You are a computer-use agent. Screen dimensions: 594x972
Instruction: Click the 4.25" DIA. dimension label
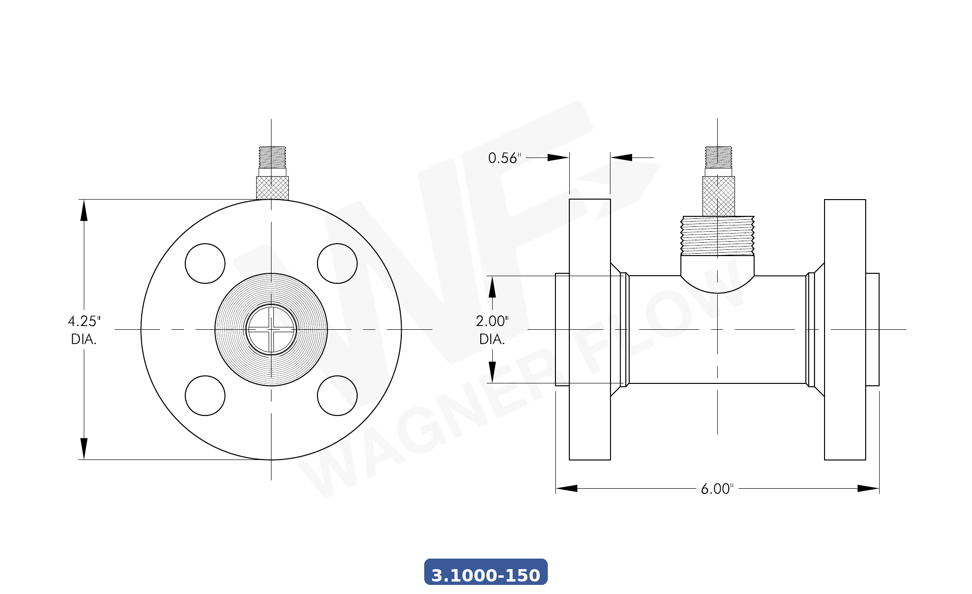coord(84,330)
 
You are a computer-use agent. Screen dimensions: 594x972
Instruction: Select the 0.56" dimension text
coord(504,158)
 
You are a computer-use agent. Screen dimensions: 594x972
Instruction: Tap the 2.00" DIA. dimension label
coord(492,330)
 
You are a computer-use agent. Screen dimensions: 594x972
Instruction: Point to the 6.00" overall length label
coord(717,489)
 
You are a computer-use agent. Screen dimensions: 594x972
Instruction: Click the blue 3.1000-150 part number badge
coord(486,572)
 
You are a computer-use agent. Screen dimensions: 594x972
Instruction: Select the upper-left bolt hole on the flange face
coord(205,263)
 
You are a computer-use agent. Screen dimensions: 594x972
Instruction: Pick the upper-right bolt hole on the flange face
coord(337,263)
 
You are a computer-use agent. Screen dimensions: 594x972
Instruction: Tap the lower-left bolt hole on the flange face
coord(205,395)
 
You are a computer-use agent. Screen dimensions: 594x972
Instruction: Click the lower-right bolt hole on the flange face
coord(337,395)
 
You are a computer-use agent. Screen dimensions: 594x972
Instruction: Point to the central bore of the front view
coord(271,329)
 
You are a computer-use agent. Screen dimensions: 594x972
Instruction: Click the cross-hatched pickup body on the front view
coord(272,188)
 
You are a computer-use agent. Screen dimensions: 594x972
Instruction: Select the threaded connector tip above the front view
coord(272,157)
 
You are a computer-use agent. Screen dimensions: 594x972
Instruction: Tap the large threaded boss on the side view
coord(717,235)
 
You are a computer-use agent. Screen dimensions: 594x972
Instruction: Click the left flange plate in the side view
coord(589,329)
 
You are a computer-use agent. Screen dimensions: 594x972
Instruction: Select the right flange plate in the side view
coord(845,329)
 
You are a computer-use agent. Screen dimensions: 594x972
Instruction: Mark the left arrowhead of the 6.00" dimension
coord(566,488)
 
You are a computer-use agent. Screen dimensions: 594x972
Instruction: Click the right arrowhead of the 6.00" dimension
coord(869,488)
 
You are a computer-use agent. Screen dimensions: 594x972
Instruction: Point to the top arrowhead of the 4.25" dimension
coord(84,211)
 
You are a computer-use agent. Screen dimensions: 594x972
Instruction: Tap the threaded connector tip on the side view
coord(718,157)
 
